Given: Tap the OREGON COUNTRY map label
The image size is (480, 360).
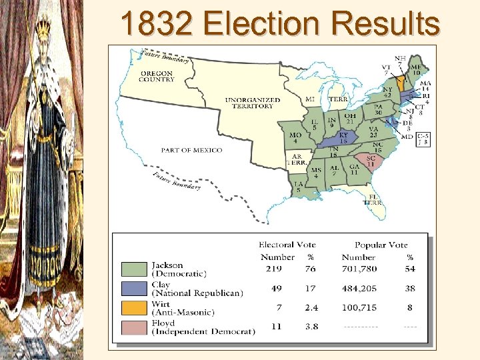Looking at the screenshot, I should [156, 76].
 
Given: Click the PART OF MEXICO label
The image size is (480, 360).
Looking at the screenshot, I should [191, 150].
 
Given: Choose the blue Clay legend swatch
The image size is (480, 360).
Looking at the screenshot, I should [134, 288].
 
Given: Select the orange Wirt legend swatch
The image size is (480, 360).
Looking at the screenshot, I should [134, 307].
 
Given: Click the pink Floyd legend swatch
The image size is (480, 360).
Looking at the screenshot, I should [134, 327].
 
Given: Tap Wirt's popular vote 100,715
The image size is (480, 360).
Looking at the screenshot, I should [360, 307].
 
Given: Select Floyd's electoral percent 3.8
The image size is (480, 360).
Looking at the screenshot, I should [311, 327].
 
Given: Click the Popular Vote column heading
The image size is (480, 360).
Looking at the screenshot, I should [381, 245].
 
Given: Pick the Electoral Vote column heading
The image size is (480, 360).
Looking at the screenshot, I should [287, 245].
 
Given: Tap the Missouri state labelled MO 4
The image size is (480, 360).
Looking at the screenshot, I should [295, 137].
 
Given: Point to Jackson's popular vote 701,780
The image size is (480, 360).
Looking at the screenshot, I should [360, 269].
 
